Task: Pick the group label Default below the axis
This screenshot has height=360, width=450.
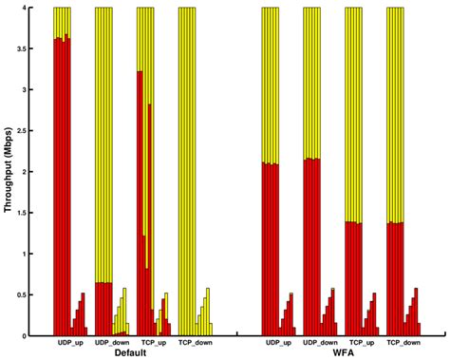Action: click(x=131, y=352)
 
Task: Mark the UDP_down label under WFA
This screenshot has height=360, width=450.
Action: click(x=321, y=343)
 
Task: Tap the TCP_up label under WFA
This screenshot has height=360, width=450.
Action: click(x=361, y=343)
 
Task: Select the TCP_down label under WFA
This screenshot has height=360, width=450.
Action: click(x=403, y=343)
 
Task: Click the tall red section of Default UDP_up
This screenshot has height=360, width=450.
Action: click(x=63, y=190)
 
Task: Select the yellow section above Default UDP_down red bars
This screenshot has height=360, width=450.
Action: click(x=103, y=142)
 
